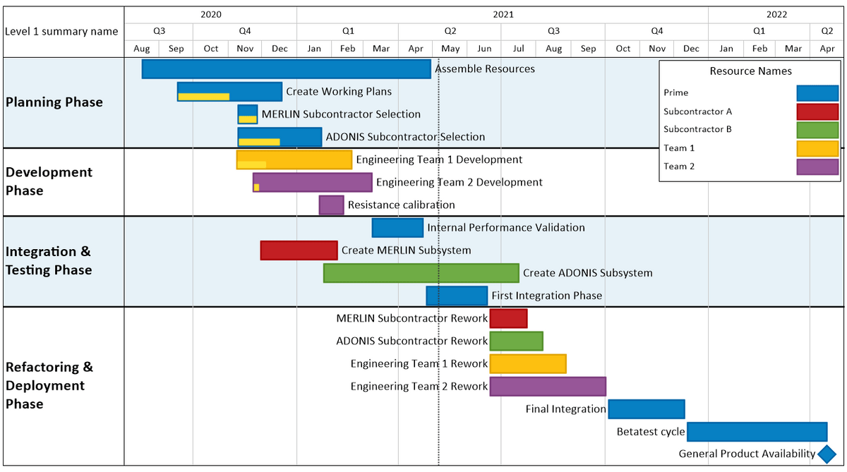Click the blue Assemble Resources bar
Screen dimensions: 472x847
[x=286, y=69]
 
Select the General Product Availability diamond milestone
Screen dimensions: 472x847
[x=827, y=454]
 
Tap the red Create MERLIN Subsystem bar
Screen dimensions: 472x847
[x=299, y=250]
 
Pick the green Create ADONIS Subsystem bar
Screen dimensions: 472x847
[x=421, y=273]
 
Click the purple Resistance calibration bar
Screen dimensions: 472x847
[x=331, y=205]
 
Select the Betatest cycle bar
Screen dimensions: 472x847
[x=757, y=432]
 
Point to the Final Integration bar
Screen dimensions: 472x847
[x=646, y=409]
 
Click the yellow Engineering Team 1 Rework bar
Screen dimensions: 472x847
[x=527, y=364]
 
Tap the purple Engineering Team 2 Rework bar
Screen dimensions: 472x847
[x=548, y=387]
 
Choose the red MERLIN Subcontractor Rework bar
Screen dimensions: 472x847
[x=508, y=319]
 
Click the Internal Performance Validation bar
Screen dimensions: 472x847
[x=397, y=228]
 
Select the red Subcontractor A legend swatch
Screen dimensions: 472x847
[x=817, y=111]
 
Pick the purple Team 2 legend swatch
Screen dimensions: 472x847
[x=817, y=167]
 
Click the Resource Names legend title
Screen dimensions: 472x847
[x=750, y=71]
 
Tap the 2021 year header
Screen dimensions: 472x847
[x=503, y=14]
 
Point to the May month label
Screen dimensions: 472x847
[x=450, y=49]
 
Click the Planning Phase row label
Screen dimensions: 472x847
[x=54, y=102]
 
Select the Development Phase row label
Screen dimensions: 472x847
[x=49, y=181]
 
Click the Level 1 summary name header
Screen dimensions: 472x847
[x=61, y=32]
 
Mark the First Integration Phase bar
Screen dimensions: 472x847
[x=457, y=296]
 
